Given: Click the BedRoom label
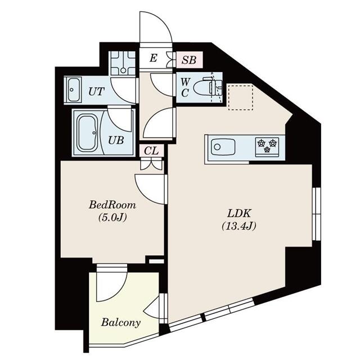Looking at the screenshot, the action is (x=112, y=205).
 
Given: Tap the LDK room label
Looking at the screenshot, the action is (x=238, y=214).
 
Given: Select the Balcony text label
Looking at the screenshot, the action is (x=121, y=322).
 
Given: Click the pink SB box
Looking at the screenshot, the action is (x=190, y=60).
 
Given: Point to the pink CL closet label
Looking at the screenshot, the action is (x=151, y=151).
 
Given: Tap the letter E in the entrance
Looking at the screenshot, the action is (x=153, y=58).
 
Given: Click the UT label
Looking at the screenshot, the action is (x=96, y=92).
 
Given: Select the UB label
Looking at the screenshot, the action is (x=116, y=140).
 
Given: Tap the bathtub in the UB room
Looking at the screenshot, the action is (x=87, y=133).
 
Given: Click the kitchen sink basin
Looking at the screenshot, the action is (x=223, y=147).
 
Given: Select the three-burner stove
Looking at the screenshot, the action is (x=267, y=146).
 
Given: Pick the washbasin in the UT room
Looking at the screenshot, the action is (x=73, y=90).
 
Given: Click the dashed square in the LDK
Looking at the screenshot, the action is (x=241, y=97).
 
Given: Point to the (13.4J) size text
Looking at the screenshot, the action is (x=238, y=226).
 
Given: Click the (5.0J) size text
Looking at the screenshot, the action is (x=112, y=217).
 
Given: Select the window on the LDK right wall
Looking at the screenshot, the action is (x=316, y=214).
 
